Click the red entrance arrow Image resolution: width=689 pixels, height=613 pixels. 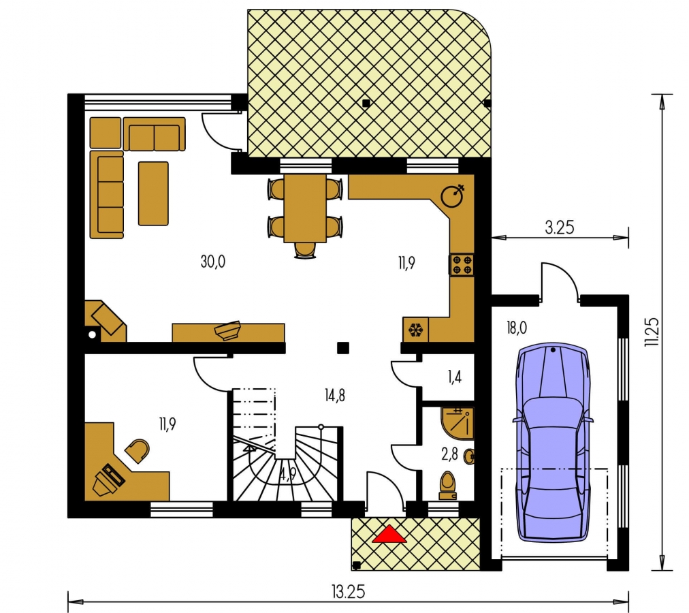point(389,535)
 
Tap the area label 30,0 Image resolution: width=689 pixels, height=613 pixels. point(213,262)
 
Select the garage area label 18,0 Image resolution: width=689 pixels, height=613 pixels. point(517,328)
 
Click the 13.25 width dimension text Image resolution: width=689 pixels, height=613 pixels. point(348,592)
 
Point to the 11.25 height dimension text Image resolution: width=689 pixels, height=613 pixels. point(652,332)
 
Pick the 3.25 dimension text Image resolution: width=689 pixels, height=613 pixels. point(560,227)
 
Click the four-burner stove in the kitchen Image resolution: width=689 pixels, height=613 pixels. point(462,265)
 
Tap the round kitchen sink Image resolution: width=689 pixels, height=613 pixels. point(452,196)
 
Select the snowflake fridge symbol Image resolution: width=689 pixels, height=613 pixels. point(415,330)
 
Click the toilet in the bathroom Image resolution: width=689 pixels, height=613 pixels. point(448,486)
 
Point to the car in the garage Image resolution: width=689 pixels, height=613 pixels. point(553,442)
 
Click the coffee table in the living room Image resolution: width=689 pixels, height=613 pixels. point(153,193)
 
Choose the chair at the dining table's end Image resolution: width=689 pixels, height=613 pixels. point(306,250)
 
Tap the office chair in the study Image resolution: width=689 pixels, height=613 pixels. point(138,451)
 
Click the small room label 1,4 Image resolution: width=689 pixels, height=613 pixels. point(455,377)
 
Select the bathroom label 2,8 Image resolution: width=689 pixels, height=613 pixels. point(449,454)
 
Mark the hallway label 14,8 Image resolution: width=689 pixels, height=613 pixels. point(335,396)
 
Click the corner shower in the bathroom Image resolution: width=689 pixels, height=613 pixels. point(458,424)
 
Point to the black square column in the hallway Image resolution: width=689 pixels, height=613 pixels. point(343,348)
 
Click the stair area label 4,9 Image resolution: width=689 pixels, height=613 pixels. point(288,475)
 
